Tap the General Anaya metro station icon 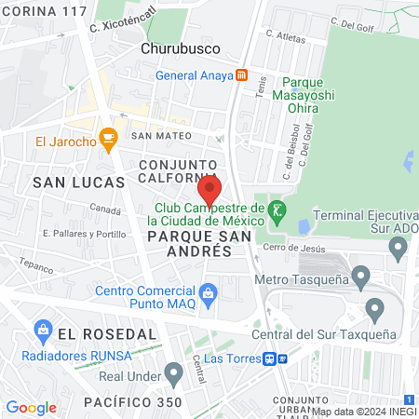pos(241,75)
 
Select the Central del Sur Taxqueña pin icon pos(375,308)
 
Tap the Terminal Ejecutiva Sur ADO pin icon pos(399,248)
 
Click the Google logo pos(31,407)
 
